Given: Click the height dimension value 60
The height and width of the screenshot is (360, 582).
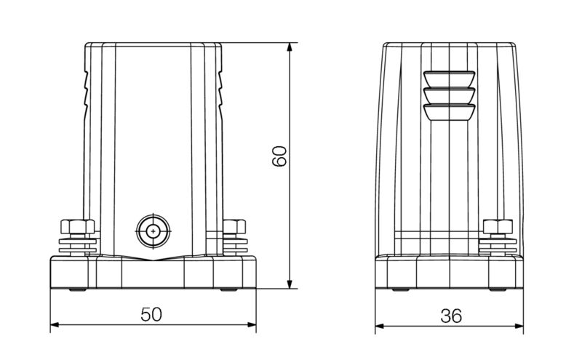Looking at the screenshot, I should click(281, 157).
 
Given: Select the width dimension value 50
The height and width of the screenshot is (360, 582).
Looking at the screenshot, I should click(151, 315).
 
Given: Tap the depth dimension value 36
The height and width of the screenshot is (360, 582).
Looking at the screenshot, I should click(451, 316).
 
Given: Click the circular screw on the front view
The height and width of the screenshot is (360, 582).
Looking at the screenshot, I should click(154, 231).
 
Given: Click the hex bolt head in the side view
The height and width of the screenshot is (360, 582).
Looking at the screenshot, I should click(498, 226).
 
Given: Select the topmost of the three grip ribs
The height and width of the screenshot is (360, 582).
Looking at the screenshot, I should click(449, 79).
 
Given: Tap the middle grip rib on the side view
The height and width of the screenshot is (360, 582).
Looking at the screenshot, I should click(449, 95).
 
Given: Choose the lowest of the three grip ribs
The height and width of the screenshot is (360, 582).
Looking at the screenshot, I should click(449, 111).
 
